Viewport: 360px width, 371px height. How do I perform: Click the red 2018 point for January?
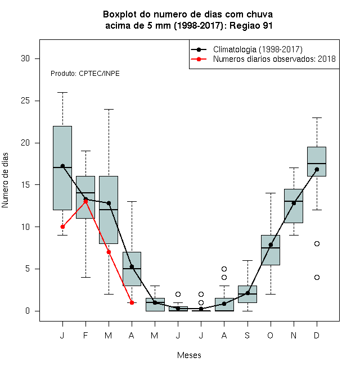(x=62, y=227)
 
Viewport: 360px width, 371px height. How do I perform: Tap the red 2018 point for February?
(x=85, y=201)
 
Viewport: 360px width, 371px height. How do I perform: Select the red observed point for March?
(x=109, y=252)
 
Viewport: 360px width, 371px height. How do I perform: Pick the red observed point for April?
(x=132, y=302)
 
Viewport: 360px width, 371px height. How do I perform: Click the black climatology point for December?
(x=317, y=169)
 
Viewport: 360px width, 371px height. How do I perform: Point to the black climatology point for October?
(x=271, y=245)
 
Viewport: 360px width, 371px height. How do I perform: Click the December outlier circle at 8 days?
(x=317, y=244)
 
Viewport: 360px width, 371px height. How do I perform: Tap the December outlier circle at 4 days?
(x=317, y=277)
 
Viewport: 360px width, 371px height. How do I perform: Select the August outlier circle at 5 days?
(x=224, y=269)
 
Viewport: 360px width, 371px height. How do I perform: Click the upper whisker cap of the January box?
(x=62, y=93)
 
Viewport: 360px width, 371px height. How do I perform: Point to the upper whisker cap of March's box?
(x=109, y=109)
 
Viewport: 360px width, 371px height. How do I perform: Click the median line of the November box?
(x=294, y=201)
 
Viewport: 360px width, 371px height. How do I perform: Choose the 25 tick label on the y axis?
(x=25, y=101)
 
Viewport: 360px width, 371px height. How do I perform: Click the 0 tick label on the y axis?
(x=28, y=311)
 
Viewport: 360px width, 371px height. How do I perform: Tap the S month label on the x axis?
(x=247, y=335)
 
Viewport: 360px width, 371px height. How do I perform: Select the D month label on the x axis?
(x=317, y=335)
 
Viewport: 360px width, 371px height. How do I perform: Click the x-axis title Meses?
(x=189, y=355)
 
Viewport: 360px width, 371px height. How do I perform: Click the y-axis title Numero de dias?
(x=5, y=180)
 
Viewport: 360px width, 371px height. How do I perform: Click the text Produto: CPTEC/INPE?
(x=85, y=74)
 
